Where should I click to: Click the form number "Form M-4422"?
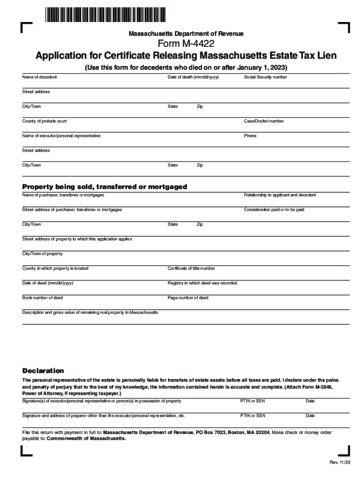186,44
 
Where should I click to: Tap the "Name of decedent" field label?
40,77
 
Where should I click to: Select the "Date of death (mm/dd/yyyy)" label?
193,77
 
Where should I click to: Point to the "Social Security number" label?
265,77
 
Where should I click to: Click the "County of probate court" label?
44,121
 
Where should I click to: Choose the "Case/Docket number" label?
264,121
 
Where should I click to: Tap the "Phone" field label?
250,136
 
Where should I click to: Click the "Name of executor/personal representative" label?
61,136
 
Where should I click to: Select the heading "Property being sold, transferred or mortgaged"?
105,187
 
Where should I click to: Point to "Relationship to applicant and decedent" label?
280,195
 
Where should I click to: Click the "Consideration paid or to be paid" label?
274,210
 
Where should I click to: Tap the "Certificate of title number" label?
191,269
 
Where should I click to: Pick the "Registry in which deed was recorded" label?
202,283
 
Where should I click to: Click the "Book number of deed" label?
43,298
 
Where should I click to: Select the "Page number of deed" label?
188,298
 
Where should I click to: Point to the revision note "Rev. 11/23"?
339,463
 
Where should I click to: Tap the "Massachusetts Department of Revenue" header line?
186,34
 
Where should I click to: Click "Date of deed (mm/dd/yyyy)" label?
48,283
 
